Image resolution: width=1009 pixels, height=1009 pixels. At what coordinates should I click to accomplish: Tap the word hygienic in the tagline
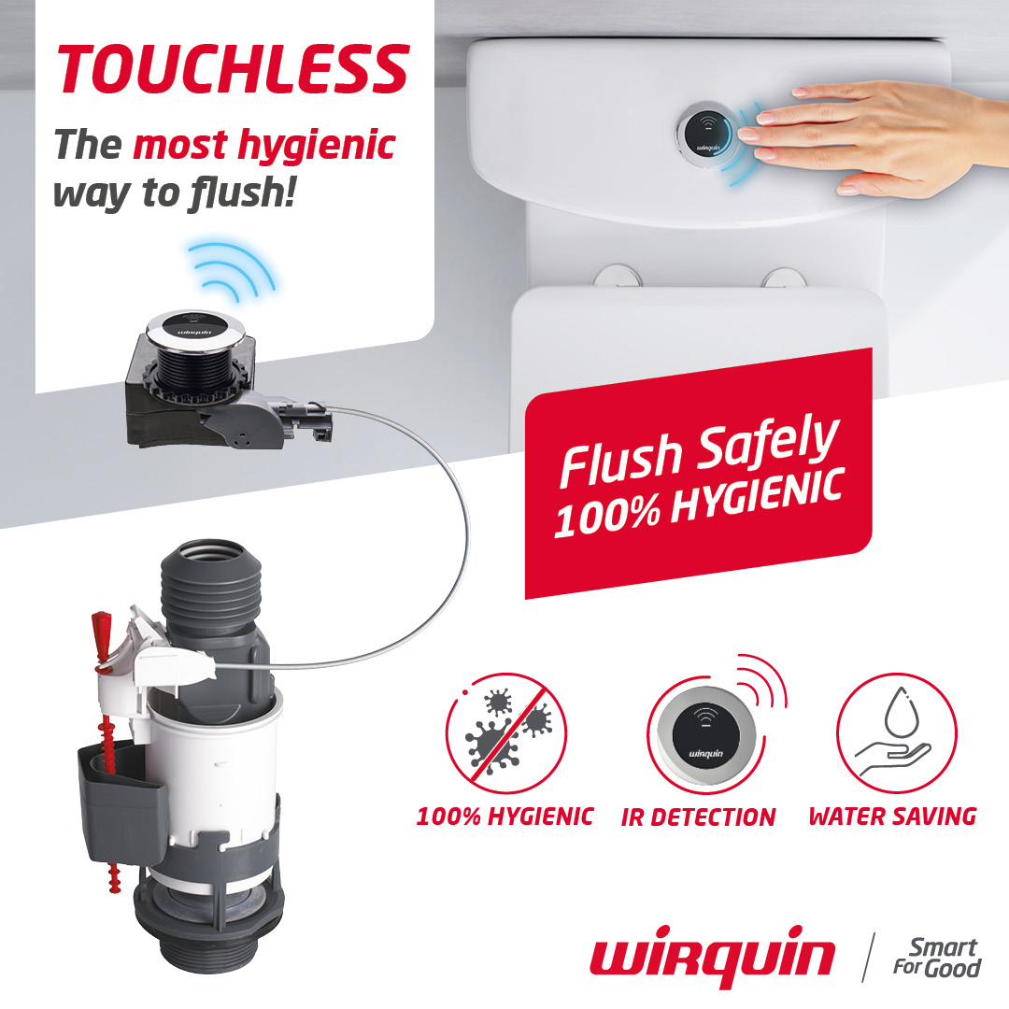pyautogui.click(x=314, y=145)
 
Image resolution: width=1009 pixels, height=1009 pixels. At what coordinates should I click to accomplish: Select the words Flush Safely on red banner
pyautogui.click(x=697, y=452)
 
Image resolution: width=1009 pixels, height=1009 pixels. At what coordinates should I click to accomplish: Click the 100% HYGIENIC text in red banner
pyautogui.click(x=701, y=503)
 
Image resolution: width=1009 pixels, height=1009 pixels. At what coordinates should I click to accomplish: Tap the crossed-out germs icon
pyautogui.click(x=506, y=734)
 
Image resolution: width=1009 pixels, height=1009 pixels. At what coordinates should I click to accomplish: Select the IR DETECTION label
pyautogui.click(x=698, y=817)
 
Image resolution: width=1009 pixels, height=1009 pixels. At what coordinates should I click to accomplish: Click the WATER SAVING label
pyautogui.click(x=892, y=817)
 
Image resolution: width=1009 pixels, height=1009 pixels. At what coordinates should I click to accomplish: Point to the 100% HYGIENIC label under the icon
pyautogui.click(x=504, y=817)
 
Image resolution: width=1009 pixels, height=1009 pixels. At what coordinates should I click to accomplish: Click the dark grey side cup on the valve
pyautogui.click(x=121, y=794)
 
